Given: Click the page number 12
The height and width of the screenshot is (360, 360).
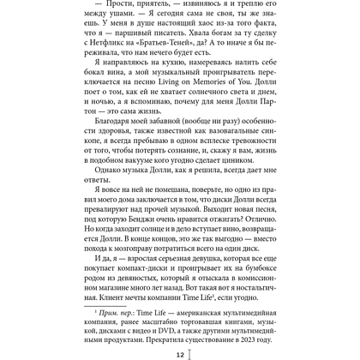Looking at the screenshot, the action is [x=180, y=353].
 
